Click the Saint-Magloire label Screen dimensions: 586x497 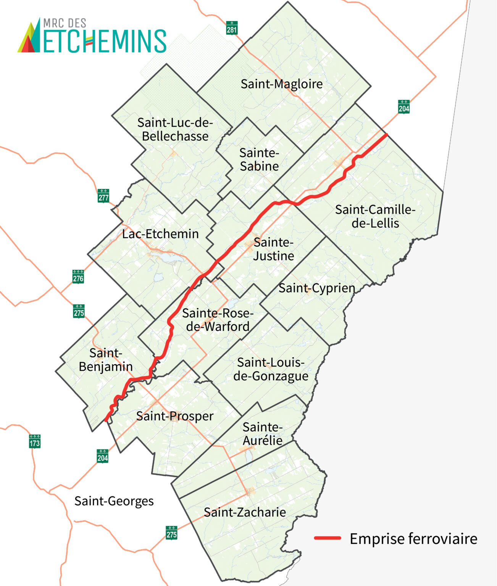(281, 84)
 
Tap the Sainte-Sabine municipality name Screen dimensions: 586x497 (259, 159)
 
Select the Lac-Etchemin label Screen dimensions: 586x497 (160, 234)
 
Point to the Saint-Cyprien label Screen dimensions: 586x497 (316, 288)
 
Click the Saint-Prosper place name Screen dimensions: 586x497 (174, 416)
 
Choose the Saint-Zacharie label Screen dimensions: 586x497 (245, 512)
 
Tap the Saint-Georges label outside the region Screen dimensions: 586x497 (114, 501)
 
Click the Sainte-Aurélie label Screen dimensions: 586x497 (263, 434)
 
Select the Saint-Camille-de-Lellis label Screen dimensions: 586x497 (375, 216)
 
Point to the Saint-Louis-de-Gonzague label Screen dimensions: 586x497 (271, 369)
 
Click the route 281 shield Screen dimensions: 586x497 (232, 28)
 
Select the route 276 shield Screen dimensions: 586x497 (78, 277)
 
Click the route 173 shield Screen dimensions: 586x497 (35, 441)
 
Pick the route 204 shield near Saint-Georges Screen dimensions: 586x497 (102, 456)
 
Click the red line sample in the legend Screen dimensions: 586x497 (328, 538)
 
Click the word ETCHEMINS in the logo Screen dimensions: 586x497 (104, 41)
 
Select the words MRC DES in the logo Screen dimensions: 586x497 (65, 23)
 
